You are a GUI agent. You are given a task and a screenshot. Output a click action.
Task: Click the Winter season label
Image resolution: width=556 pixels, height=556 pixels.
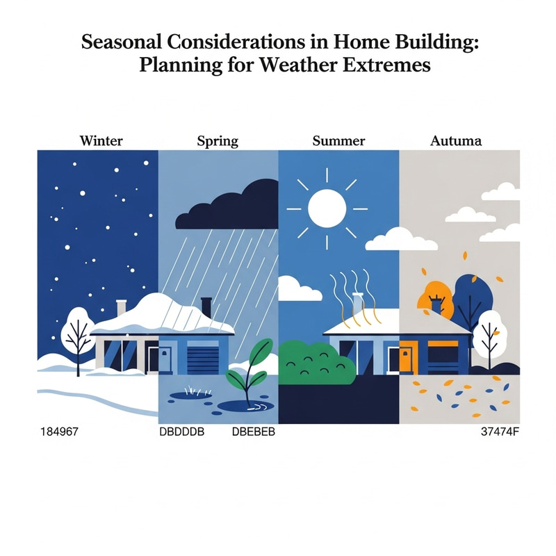point(101,141)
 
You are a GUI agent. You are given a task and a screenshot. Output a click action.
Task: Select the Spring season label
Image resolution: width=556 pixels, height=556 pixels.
point(218,141)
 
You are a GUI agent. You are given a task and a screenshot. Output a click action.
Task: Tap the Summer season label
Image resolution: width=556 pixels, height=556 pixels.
point(338,141)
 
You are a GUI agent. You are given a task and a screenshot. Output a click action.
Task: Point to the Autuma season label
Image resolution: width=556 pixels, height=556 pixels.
point(456,141)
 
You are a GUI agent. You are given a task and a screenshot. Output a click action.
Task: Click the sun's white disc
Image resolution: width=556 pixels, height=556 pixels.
point(327,206)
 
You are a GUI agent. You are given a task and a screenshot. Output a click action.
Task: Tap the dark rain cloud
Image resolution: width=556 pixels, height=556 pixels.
point(230,206)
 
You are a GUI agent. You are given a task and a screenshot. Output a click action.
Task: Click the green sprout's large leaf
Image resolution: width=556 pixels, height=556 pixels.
point(260,354)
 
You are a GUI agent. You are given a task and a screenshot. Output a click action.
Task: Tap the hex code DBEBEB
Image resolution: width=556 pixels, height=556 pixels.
point(253,432)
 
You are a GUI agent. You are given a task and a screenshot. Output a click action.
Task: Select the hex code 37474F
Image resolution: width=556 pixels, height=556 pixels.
point(499,432)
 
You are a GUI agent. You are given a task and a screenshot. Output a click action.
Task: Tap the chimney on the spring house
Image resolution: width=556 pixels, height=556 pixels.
point(206,306)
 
